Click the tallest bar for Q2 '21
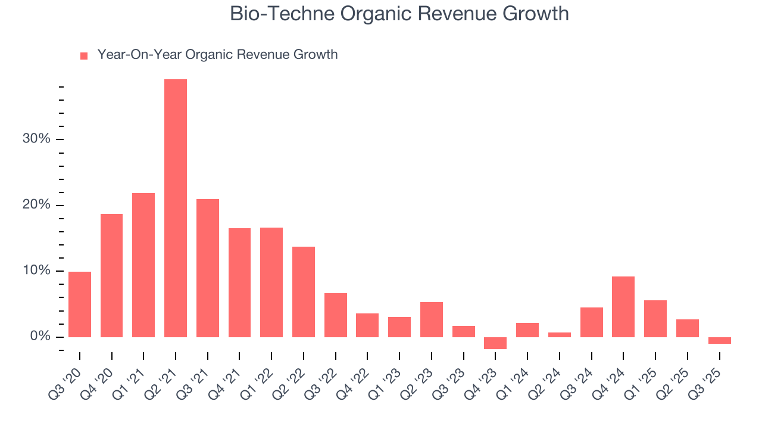176,208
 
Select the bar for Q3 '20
80,304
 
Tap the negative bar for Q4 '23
495,343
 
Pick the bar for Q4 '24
623,307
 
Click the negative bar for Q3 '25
719,340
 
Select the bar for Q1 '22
271,282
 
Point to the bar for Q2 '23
431,319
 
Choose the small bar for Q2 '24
559,335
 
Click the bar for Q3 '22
335,315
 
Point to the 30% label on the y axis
36,139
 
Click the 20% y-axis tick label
36,205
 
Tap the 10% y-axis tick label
36,271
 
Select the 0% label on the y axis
40,337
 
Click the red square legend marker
84,55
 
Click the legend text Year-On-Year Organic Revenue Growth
217,55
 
